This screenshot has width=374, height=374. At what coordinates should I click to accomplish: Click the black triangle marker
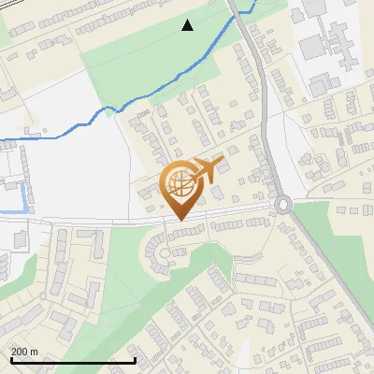[x=188, y=25]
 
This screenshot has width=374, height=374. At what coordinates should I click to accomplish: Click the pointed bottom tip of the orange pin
[x=180, y=221]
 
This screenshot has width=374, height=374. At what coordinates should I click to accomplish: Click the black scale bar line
[x=73, y=360]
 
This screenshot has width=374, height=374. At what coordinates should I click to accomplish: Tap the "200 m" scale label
[x=24, y=352]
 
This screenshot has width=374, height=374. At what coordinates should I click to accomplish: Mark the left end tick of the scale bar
[x=11, y=358]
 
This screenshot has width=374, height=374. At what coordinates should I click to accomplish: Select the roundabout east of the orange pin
[x=281, y=205]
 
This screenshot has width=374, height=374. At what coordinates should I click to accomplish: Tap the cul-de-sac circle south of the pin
[x=165, y=252]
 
